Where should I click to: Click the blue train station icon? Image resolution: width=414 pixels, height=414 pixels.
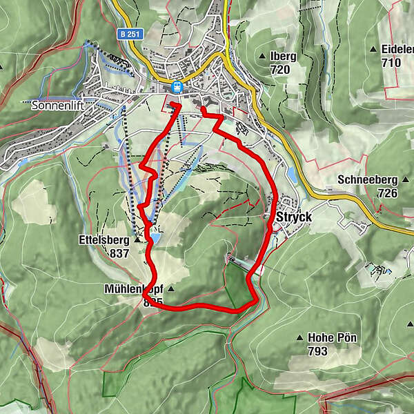coord(177,88)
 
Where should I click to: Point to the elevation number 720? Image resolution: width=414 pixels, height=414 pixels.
coord(281,70)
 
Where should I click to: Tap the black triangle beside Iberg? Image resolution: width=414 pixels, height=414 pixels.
coord(264,57)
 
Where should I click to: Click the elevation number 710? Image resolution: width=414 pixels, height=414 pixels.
coord(391,62)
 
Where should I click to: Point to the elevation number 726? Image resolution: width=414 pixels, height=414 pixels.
coord(388,193)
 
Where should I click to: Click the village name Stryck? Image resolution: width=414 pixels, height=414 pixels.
coord(295,217)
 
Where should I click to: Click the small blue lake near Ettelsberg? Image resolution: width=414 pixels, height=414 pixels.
coord(155,238)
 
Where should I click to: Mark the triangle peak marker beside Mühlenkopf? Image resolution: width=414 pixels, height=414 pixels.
coord(171,289)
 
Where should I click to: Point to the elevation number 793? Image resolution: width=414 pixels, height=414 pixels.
coord(318,351)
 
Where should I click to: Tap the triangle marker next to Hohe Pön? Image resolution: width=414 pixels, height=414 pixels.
coord(300,338)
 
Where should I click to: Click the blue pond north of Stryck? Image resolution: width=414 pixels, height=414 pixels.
coord(292,175)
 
